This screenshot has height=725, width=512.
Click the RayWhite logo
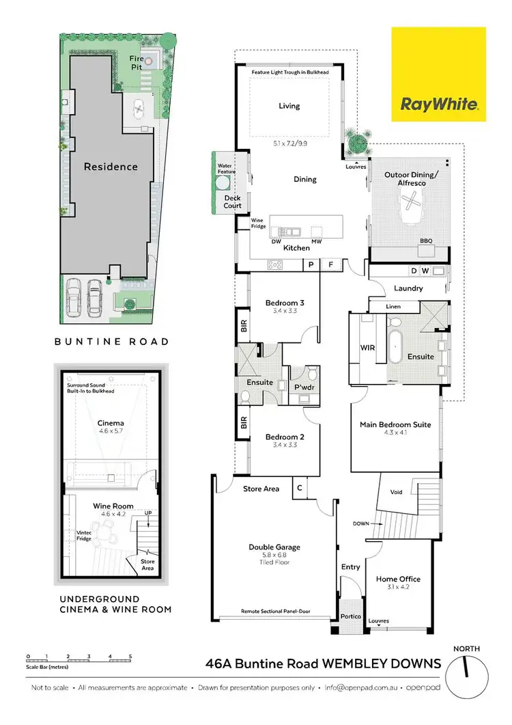pos(438,74)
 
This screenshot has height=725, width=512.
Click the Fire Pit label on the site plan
pos(138,63)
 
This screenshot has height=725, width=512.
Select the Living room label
pos(289,106)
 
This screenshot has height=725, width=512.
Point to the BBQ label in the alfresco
pos(426,241)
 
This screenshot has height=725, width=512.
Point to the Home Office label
pos(398,579)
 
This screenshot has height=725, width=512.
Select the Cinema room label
pos(111,423)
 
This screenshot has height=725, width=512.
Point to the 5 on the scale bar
pos(130,656)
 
